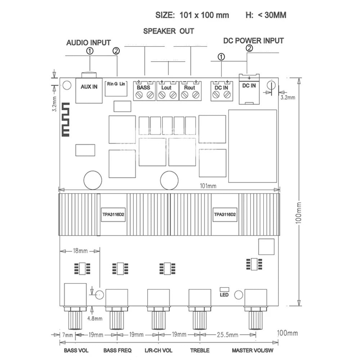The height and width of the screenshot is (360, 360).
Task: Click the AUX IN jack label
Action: point(89,87)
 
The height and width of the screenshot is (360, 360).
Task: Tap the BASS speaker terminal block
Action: point(144,91)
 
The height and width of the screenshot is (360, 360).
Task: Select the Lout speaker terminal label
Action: point(166,87)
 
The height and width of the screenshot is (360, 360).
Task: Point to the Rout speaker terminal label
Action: point(189,87)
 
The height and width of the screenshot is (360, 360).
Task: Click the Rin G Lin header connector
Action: point(116,89)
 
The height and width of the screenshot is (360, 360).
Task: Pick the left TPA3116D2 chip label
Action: point(113,215)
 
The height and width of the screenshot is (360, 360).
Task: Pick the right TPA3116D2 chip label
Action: point(225,215)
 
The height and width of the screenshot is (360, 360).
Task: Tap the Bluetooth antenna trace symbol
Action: point(66,120)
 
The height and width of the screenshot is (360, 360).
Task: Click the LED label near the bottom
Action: point(224,295)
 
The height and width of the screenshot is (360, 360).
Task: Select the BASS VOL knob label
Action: point(76,350)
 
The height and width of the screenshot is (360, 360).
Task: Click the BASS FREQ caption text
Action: point(117,350)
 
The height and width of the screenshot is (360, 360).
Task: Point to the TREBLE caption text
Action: point(200,350)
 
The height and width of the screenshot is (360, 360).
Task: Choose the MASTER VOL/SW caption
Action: point(253,350)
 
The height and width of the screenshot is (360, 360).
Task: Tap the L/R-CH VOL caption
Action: point(158,350)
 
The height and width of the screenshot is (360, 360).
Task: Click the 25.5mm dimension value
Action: point(228,335)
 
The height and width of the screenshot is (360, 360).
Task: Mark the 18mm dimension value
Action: point(80,251)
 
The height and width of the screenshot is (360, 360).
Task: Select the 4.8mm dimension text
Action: point(95,319)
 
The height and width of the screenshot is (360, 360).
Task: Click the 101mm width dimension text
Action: point(208,186)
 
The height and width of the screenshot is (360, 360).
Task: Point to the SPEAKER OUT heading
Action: point(168,31)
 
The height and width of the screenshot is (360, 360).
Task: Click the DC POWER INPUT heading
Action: point(253,41)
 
